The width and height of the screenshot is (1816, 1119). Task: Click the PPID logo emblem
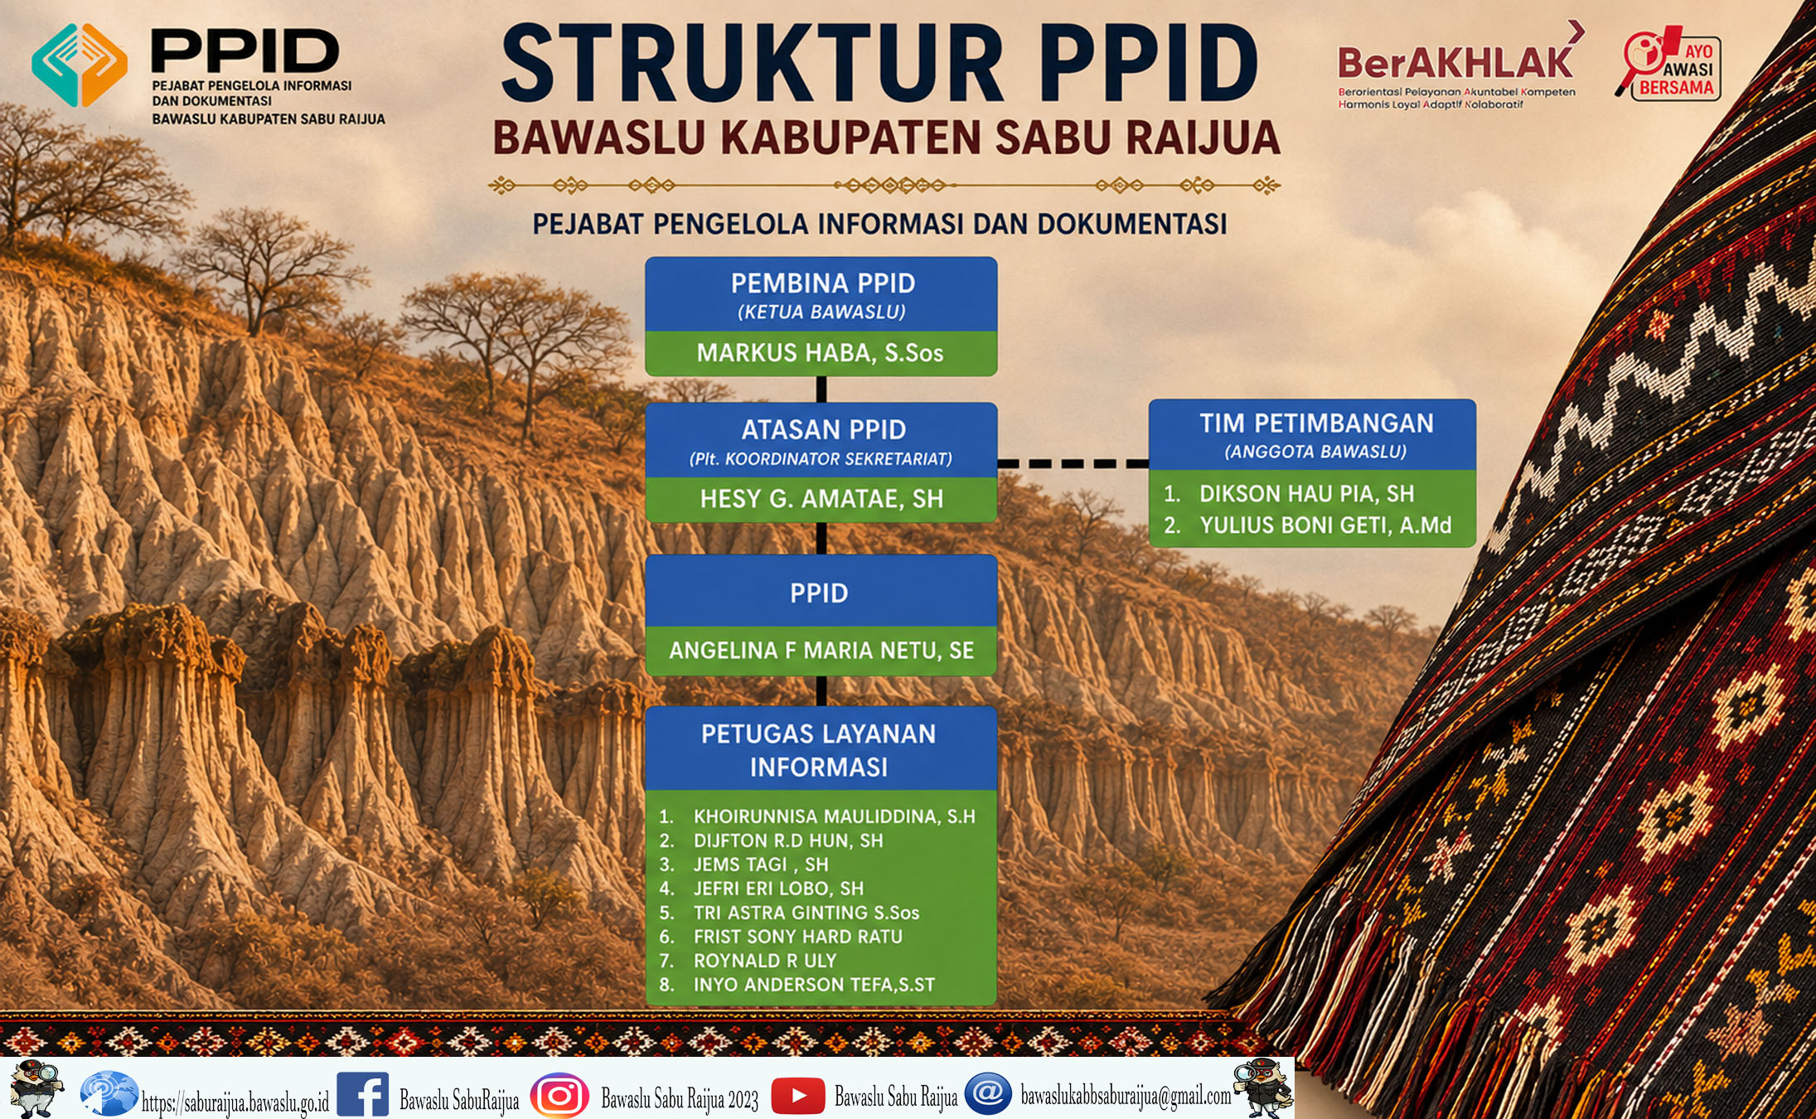pyautogui.click(x=80, y=65)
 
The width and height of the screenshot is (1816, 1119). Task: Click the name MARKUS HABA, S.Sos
pyautogui.click(x=820, y=353)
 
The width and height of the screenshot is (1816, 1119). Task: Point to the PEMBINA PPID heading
pyautogui.click(x=823, y=283)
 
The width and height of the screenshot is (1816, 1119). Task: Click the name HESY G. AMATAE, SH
pyautogui.click(x=821, y=499)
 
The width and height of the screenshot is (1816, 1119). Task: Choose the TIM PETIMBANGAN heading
pyautogui.click(x=1316, y=424)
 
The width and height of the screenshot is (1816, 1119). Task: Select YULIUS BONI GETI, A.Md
pyautogui.click(x=1325, y=526)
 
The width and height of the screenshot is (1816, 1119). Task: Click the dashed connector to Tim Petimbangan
pyautogui.click(x=1073, y=463)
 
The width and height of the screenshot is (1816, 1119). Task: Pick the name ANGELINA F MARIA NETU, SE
pyautogui.click(x=821, y=651)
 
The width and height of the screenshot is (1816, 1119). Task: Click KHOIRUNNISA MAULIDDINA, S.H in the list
pyautogui.click(x=835, y=816)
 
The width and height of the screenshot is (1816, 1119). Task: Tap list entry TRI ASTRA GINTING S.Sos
pyautogui.click(x=806, y=913)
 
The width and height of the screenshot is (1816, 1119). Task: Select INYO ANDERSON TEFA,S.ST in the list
pyautogui.click(x=814, y=985)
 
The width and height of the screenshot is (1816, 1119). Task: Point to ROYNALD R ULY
pyautogui.click(x=765, y=961)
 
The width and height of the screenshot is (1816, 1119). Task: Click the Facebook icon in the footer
pyautogui.click(x=362, y=1095)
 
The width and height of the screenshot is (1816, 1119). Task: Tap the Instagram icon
pyautogui.click(x=559, y=1096)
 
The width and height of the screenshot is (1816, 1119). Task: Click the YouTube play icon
pyautogui.click(x=797, y=1096)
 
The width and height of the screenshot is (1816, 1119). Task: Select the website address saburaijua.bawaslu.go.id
pyautogui.click(x=235, y=1102)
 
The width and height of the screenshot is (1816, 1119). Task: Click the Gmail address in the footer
pyautogui.click(x=1126, y=1096)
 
